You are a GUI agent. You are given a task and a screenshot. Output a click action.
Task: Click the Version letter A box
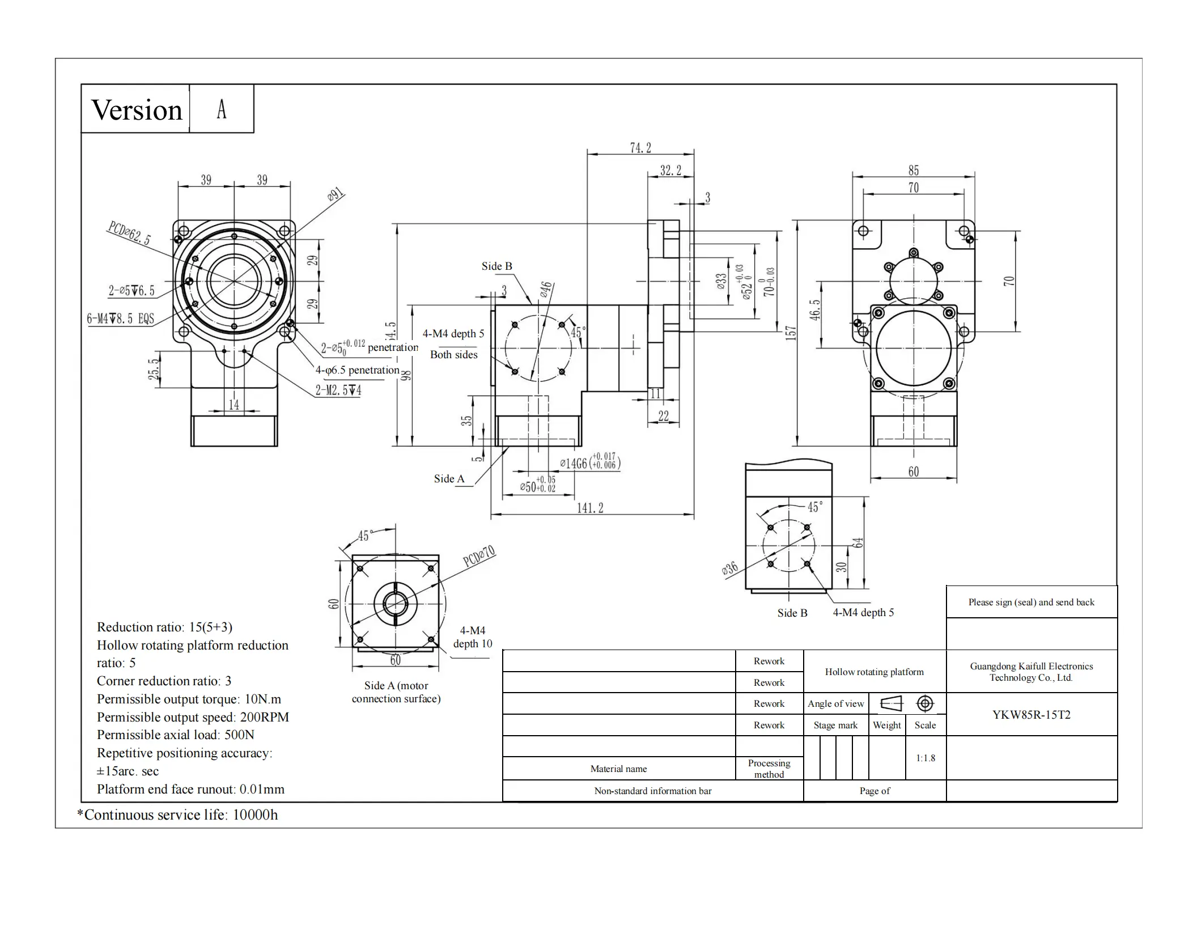pyautogui.click(x=221, y=109)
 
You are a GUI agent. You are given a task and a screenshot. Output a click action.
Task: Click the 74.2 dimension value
pyautogui.click(x=640, y=148)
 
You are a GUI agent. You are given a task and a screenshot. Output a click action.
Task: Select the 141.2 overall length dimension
pyautogui.click(x=590, y=508)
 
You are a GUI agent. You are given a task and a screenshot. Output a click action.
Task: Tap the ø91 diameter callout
pyautogui.click(x=336, y=196)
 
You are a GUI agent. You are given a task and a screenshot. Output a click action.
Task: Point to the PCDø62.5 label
pyautogui.click(x=129, y=233)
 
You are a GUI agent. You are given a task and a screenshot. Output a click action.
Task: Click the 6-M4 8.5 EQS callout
pyautogui.click(x=120, y=319)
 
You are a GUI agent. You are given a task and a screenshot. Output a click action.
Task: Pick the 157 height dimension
pyautogui.click(x=791, y=333)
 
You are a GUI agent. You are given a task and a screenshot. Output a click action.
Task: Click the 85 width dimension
pyautogui.click(x=914, y=170)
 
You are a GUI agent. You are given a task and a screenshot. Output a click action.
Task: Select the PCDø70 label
pyautogui.click(x=479, y=556)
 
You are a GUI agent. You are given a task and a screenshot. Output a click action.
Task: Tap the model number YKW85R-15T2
pyautogui.click(x=1032, y=714)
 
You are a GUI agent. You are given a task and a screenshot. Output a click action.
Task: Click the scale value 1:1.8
pyautogui.click(x=926, y=758)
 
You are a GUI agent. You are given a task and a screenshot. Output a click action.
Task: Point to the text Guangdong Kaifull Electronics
pyautogui.click(x=1032, y=667)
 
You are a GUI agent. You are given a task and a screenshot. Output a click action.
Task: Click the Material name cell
pyautogui.click(x=618, y=769)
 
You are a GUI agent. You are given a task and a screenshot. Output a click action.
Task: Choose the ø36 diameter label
pyautogui.click(x=730, y=568)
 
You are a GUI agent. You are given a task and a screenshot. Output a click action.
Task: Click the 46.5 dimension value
pyautogui.click(x=814, y=310)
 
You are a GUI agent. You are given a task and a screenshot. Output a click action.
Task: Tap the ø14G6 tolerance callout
pyautogui.click(x=589, y=462)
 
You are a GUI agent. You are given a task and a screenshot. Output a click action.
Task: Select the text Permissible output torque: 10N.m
pyautogui.click(x=189, y=699)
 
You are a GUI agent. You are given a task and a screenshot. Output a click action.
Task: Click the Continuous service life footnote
pyautogui.click(x=177, y=815)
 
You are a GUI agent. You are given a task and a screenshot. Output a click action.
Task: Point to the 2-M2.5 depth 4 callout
pyautogui.click(x=338, y=390)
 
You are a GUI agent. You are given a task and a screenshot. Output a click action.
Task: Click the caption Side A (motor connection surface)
pyautogui.click(x=396, y=692)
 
